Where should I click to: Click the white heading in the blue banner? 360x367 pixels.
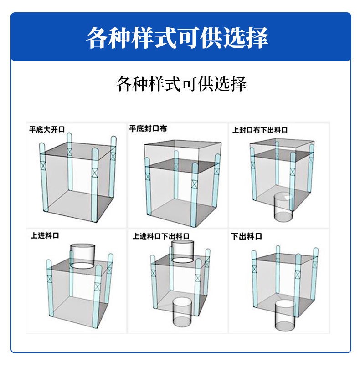coord(177,38)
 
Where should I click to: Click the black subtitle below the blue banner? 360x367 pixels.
coord(181,84)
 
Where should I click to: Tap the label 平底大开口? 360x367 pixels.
coord(47,129)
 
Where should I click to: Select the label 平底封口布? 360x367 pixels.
coord(148,128)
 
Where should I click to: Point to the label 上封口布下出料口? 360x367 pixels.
coord(260,130)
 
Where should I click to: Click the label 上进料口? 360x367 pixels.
coord(45,235)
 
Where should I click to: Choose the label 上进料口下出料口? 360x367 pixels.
coord(161,236)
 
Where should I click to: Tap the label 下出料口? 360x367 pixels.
coord(246,236)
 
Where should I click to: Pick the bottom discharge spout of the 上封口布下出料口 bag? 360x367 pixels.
coord(283,207)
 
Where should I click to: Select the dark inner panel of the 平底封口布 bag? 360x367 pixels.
coord(183,166)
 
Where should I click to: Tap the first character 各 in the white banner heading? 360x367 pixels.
coord(97,38)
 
